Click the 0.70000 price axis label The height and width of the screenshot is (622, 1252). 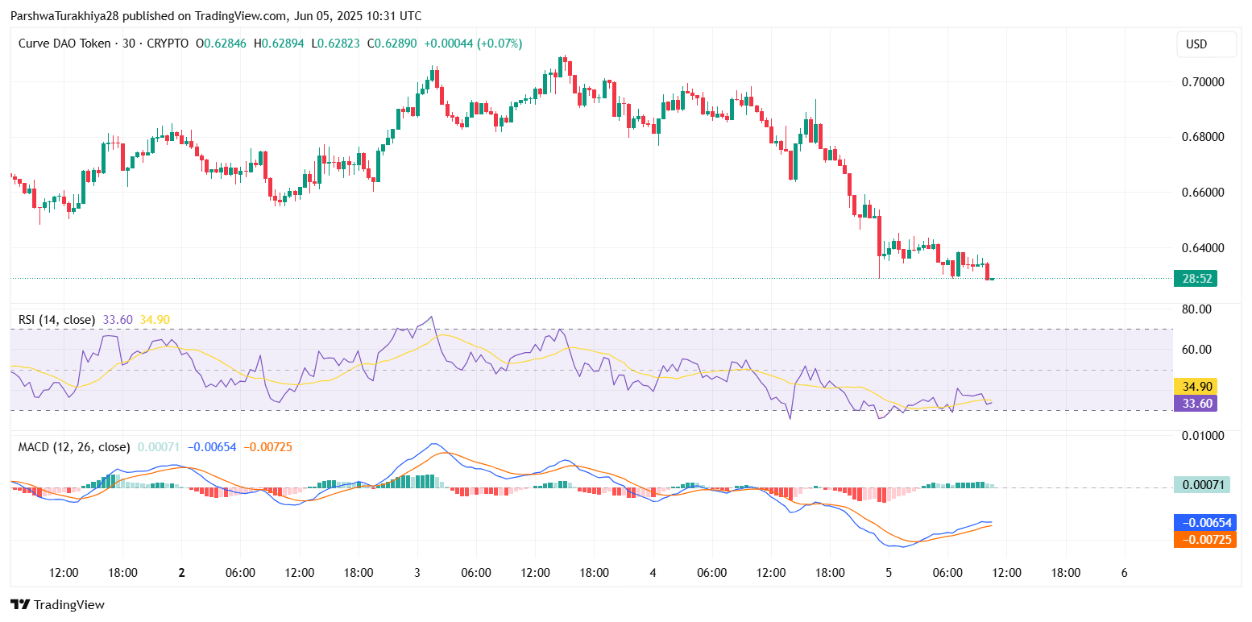(x=1202, y=82)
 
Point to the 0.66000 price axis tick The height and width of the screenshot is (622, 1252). (x=1202, y=193)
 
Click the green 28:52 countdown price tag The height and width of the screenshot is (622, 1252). (x=1195, y=279)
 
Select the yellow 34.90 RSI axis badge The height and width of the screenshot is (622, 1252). (x=1195, y=386)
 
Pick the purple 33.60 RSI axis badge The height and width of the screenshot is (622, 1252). (x=1195, y=403)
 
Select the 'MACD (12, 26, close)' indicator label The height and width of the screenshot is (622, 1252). (x=74, y=446)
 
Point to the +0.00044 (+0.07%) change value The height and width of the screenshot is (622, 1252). (x=473, y=44)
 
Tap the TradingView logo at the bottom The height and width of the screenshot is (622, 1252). (x=57, y=604)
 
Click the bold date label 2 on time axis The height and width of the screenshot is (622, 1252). (x=181, y=573)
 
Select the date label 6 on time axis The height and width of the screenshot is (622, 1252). (x=1124, y=573)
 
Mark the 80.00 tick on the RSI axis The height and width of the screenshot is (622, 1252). (x=1196, y=309)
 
